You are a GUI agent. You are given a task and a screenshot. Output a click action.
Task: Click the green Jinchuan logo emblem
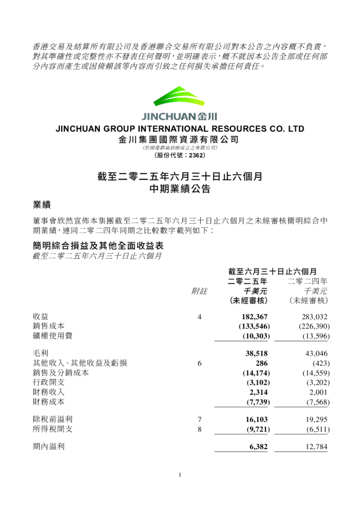[x=180, y=98]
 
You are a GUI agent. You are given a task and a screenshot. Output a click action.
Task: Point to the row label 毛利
[x=41, y=352]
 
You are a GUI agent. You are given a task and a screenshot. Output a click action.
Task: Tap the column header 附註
[x=199, y=290]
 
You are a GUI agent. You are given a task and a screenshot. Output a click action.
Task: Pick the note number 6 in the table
[x=199, y=363]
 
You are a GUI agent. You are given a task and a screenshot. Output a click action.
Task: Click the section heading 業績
[x=41, y=205]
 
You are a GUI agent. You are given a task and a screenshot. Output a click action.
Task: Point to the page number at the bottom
[x=180, y=475]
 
